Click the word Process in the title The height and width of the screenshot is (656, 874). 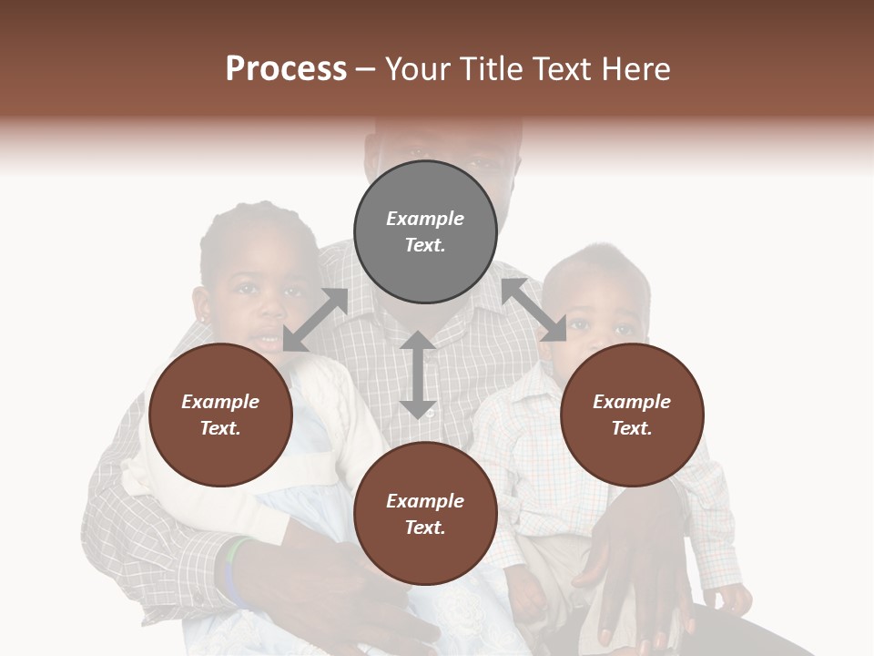286,69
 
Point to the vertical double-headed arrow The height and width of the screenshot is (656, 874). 418,374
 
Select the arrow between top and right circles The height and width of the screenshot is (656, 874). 534,310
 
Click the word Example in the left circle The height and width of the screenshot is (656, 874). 220,402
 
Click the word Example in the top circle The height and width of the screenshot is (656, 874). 425,219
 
